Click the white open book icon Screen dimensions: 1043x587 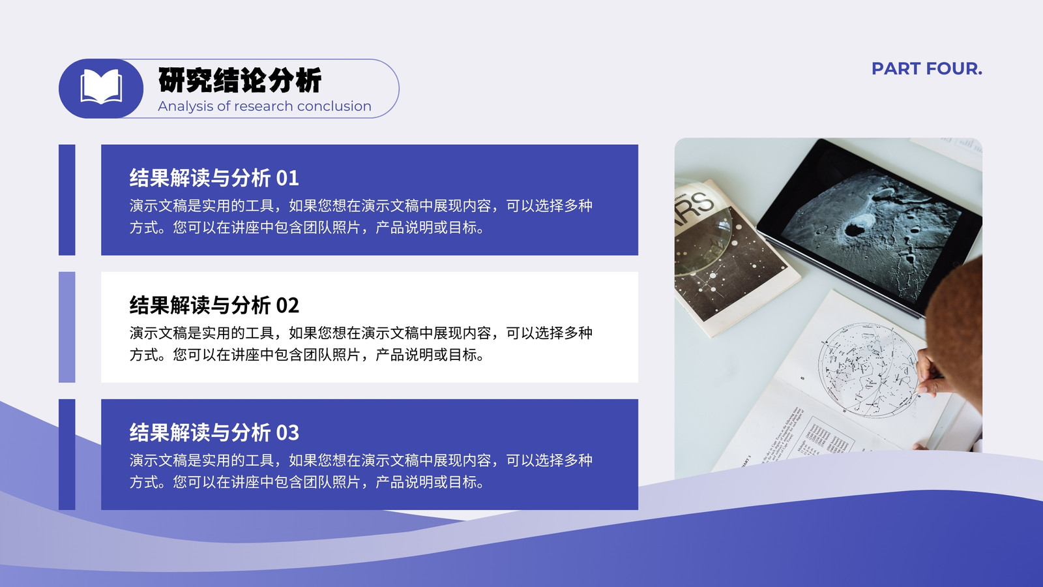coord(101,86)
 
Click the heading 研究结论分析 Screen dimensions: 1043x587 coord(240,80)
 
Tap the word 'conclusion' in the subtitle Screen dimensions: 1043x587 coord(334,106)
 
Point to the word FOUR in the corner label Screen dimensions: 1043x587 coord(954,69)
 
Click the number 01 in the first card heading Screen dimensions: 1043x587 coord(287,179)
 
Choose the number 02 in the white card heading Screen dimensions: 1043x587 coord(287,306)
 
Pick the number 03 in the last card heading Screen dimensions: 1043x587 coord(287,433)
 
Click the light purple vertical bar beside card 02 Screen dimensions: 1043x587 coord(66,327)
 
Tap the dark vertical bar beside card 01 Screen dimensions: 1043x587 coord(66,200)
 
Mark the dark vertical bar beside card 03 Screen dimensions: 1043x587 coord(66,454)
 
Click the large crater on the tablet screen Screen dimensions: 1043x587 coord(857,225)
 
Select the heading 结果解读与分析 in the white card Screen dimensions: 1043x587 coord(199,306)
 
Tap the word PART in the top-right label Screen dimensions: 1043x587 coord(896,69)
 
